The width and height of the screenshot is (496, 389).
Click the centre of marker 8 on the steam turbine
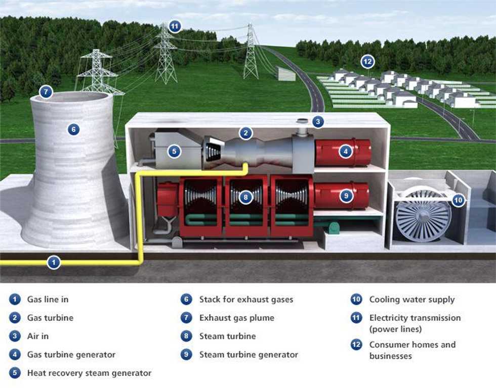(246, 198)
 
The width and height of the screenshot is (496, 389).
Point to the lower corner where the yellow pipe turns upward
(140, 262)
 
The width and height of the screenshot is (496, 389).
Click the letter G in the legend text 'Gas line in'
(30, 299)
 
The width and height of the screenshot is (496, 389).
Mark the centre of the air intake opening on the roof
(303, 121)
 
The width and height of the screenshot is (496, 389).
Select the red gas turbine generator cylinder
(343, 153)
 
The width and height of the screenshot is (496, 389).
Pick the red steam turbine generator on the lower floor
(342, 196)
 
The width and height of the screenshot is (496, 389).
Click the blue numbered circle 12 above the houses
(367, 62)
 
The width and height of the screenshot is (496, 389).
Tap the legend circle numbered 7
(186, 318)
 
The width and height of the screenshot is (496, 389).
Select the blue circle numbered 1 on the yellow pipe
(54, 262)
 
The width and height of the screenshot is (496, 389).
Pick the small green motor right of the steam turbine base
(333, 228)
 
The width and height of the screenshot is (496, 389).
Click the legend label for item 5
(89, 373)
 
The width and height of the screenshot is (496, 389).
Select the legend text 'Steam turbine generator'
(249, 355)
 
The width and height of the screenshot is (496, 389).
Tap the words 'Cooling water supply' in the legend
(412, 300)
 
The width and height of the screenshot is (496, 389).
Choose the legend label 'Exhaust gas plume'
(237, 318)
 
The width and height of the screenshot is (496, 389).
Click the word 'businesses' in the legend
(391, 356)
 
